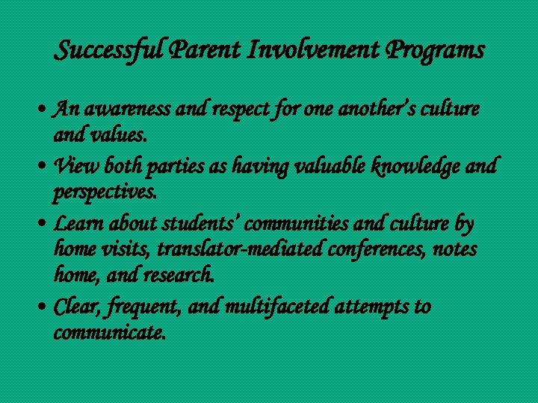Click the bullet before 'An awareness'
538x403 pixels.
pos(46,110)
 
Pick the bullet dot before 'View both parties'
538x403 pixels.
pos(46,166)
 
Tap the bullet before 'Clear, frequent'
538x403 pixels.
pos(46,307)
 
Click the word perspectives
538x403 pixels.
pos(104,193)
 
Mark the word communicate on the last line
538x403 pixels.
pos(109,333)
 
